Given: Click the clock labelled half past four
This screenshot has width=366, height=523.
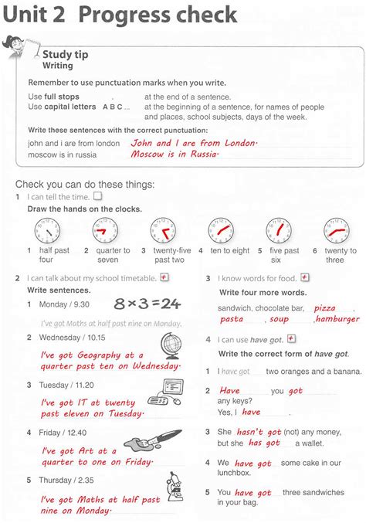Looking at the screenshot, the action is tap(46, 230).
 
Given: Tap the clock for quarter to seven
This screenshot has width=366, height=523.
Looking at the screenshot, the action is tap(104, 230).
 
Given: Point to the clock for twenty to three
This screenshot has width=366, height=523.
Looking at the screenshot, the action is tap(337, 230).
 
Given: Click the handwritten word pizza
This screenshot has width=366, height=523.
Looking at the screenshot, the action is tap(324, 307).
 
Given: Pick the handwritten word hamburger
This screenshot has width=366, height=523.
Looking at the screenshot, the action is tap(337, 319).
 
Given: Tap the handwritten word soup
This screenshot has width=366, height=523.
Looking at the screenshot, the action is tap(279, 319).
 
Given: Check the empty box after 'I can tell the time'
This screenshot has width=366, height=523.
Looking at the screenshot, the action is tap(97, 197).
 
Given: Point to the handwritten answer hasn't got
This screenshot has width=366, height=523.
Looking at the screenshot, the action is tap(250, 433).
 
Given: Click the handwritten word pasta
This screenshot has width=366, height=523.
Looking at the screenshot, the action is tap(232, 319).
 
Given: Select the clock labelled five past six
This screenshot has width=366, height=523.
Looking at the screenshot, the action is tap(278, 230).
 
